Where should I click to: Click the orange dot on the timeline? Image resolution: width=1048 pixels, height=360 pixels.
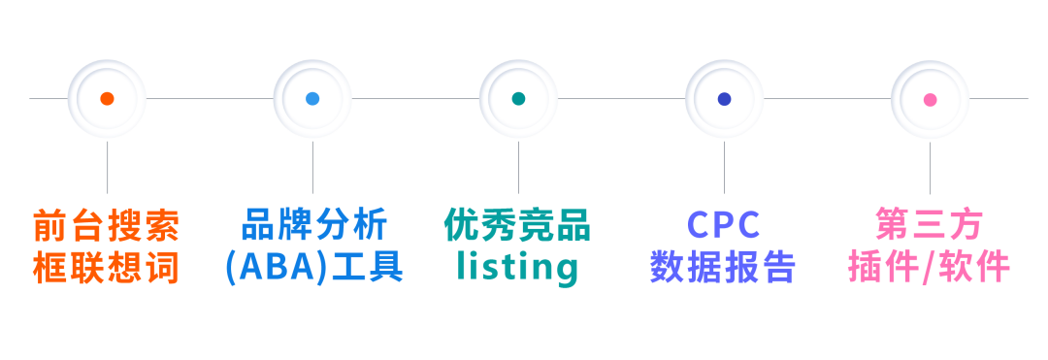click(x=107, y=99)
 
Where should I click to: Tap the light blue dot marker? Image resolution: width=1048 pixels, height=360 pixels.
click(x=312, y=99)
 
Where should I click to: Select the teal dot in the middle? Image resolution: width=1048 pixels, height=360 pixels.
click(x=518, y=99)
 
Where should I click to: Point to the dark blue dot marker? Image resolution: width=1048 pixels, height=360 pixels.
click(x=724, y=99)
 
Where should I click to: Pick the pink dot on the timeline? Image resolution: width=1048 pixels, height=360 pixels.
click(x=930, y=99)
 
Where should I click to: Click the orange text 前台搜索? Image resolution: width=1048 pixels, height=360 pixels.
click(x=107, y=225)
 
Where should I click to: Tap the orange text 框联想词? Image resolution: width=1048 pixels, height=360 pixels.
click(x=107, y=267)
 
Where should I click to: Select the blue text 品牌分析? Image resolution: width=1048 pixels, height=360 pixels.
click(x=312, y=225)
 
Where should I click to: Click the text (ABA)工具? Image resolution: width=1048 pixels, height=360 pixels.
click(x=312, y=267)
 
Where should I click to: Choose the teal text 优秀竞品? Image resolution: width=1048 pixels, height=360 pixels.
click(x=518, y=225)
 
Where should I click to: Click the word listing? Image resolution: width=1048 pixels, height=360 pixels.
click(x=518, y=267)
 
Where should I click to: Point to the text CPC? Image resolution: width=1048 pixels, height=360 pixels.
click(x=724, y=225)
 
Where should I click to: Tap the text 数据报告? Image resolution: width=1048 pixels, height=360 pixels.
click(x=724, y=267)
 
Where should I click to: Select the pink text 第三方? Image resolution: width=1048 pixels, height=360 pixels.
click(x=930, y=225)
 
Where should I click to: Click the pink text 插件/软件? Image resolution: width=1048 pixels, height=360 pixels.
click(x=930, y=267)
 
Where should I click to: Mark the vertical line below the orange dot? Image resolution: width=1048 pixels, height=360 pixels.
click(x=107, y=167)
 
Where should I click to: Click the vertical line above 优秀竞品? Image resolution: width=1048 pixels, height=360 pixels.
click(x=518, y=167)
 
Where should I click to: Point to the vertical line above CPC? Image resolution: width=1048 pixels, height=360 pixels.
click(x=724, y=167)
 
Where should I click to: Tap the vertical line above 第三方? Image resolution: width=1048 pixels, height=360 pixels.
click(x=930, y=167)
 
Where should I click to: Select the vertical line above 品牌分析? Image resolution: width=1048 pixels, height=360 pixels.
click(x=312, y=167)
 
